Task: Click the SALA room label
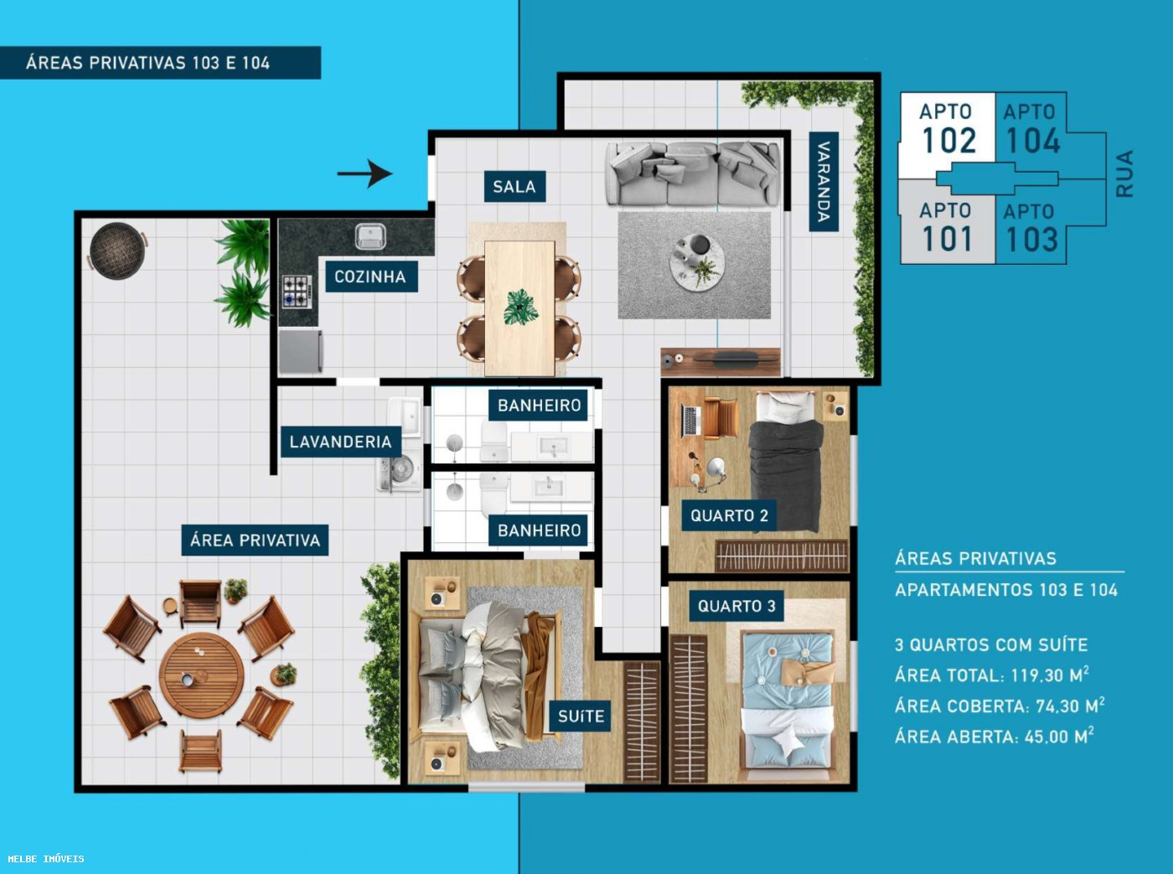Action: pyautogui.click(x=514, y=187)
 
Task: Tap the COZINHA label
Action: pyautogui.click(x=369, y=277)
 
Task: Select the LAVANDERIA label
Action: pyautogui.click(x=340, y=442)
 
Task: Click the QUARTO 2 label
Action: pyautogui.click(x=729, y=515)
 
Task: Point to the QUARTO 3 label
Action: pyautogui.click(x=736, y=606)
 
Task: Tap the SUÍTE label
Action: pyautogui.click(x=581, y=716)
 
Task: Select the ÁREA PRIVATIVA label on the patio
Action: pyautogui.click(x=255, y=540)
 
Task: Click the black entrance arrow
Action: pyautogui.click(x=364, y=174)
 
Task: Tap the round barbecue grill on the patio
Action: pyautogui.click(x=117, y=250)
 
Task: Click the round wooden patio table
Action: pyautogui.click(x=201, y=675)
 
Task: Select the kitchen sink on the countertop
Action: pyautogui.click(x=370, y=237)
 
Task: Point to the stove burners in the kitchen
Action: pyautogui.click(x=295, y=292)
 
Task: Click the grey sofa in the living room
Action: pyautogui.click(x=693, y=173)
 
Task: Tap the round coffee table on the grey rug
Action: pyautogui.click(x=696, y=262)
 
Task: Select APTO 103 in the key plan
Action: pyautogui.click(x=1031, y=228)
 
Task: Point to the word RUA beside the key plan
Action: pyautogui.click(x=1124, y=173)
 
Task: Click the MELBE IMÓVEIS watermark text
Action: pyautogui.click(x=46, y=859)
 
